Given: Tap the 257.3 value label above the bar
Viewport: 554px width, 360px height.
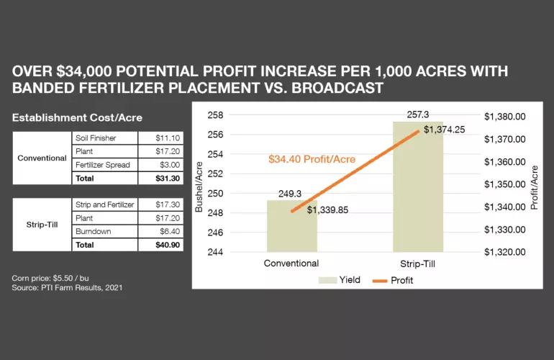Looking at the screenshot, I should pos(418,114).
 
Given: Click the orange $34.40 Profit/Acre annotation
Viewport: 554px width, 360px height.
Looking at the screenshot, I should pos(312,158).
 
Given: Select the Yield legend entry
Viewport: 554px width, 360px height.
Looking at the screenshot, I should pos(344,279).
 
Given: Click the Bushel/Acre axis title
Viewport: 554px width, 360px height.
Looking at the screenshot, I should pos(199,186).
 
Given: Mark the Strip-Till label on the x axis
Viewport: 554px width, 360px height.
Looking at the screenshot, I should pos(417,264).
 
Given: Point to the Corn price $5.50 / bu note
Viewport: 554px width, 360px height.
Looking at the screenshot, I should pos(46,278).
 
